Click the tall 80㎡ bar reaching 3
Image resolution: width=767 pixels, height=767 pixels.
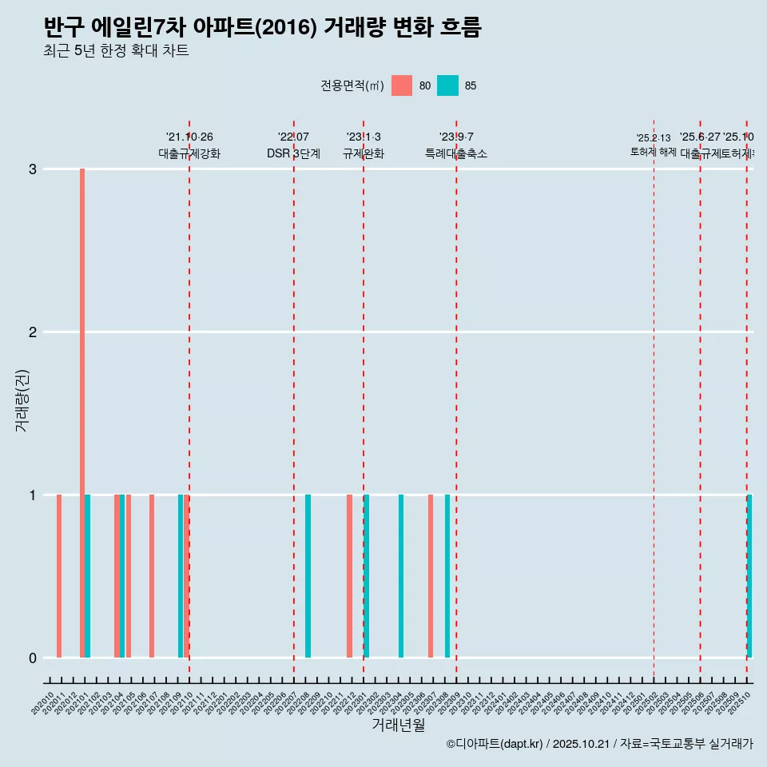(x=82, y=413)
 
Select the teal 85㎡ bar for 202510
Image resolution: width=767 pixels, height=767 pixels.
(x=749, y=576)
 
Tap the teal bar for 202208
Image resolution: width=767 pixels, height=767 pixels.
(x=308, y=576)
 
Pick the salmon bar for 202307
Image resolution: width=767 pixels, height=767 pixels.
(x=431, y=576)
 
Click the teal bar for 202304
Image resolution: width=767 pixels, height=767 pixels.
(x=401, y=576)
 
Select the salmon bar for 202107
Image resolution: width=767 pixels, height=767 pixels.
(x=152, y=576)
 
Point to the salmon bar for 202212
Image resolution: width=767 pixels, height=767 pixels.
(x=349, y=576)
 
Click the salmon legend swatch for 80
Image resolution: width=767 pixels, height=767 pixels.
(x=402, y=85)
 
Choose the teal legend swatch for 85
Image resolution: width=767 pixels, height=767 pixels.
(x=448, y=85)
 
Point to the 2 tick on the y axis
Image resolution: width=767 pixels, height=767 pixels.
(x=33, y=332)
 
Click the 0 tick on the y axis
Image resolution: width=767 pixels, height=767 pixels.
(x=33, y=658)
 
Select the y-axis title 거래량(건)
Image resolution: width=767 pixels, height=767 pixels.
(x=22, y=400)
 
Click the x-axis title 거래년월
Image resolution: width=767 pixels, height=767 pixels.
(x=398, y=725)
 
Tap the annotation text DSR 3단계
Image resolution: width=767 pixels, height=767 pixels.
(x=293, y=153)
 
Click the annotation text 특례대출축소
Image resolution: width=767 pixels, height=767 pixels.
(x=456, y=153)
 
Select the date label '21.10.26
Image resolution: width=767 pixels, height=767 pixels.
(x=189, y=137)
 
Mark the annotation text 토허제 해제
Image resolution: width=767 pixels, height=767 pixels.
(x=654, y=152)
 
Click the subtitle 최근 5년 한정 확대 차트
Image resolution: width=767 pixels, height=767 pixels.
(x=116, y=51)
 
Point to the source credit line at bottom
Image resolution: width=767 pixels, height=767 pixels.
(x=599, y=744)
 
